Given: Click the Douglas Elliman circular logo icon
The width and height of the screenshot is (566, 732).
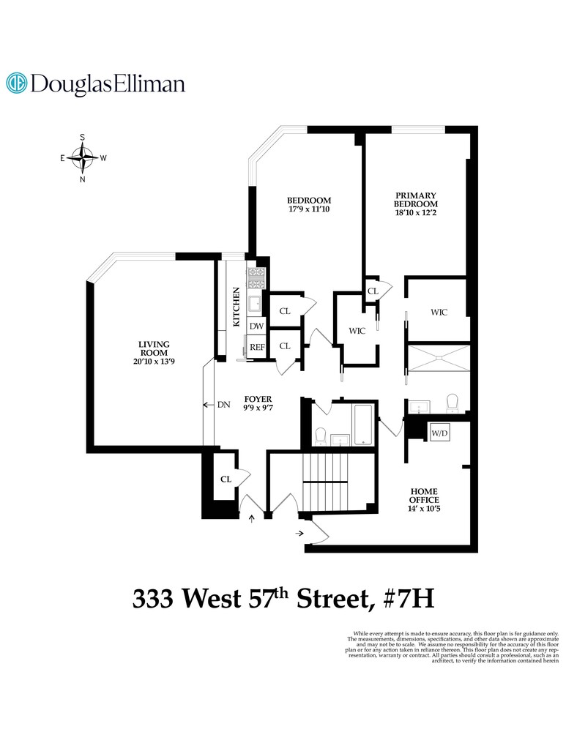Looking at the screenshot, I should [17, 83].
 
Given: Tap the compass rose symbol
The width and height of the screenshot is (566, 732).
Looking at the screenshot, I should [84, 157].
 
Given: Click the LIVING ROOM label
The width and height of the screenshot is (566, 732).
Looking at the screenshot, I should [154, 350].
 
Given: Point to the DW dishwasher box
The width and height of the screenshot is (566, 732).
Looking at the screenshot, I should [256, 326].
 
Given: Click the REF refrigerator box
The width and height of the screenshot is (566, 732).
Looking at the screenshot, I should [257, 347].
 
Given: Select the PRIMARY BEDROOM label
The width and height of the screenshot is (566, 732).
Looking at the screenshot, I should [415, 199].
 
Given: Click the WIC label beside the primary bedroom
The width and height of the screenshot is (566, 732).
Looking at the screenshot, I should [439, 312].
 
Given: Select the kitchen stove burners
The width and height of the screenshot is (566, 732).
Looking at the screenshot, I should [256, 277].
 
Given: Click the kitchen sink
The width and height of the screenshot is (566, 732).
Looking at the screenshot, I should [256, 303].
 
